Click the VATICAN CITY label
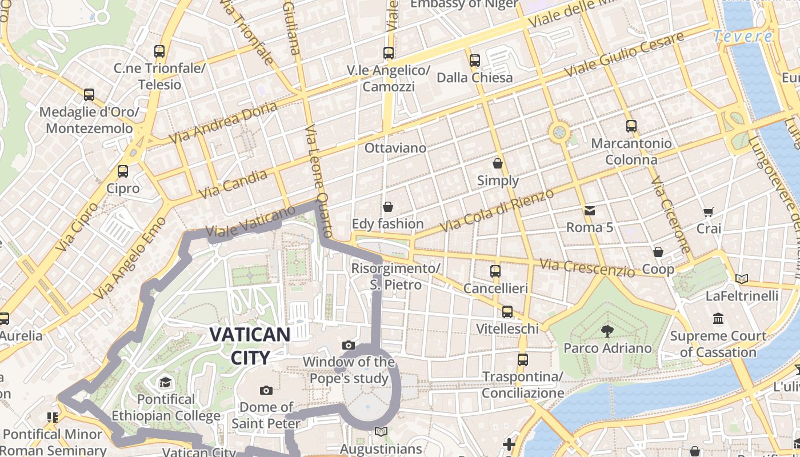[250, 346]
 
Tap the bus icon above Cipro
[122, 171]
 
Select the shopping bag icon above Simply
[498, 163]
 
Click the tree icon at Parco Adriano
[607, 330]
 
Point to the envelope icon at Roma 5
[590, 210]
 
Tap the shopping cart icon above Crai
[709, 212]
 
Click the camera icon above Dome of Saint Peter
[266, 390]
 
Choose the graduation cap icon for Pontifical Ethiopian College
[166, 382]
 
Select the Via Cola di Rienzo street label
[497, 210]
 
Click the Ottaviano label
[395, 148]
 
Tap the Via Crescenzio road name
[587, 268]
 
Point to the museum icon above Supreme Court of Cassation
[718, 318]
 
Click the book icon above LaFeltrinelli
[742, 279]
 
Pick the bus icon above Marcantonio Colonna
[631, 126]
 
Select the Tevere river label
[743, 37]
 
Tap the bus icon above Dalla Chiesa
[474, 60]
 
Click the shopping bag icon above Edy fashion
[388, 206]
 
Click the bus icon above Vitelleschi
[507, 311]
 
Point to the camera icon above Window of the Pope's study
[349, 345]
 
